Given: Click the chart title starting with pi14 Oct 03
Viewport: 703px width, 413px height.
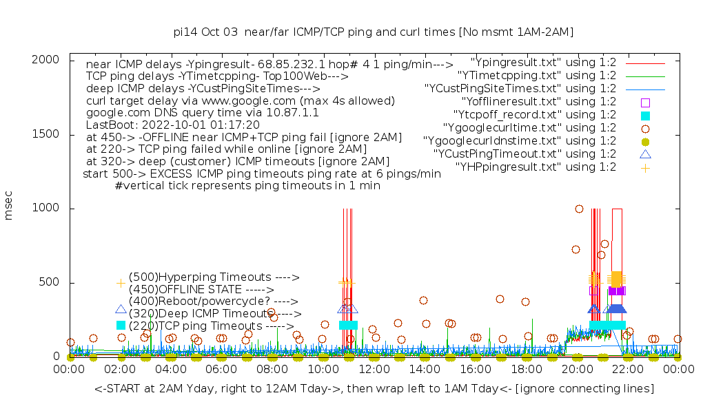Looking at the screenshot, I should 373,32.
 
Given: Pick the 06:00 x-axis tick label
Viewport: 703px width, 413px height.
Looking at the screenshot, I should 222,370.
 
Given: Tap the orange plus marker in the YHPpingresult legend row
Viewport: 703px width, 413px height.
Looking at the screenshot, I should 645,167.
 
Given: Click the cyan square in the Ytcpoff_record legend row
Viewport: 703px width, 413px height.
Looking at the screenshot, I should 645,115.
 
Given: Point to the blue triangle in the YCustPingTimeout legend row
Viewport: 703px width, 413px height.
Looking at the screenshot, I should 645,154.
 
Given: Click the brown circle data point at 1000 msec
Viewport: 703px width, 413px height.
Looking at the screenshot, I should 579,209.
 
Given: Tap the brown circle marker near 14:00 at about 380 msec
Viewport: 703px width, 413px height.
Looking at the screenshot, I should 423,300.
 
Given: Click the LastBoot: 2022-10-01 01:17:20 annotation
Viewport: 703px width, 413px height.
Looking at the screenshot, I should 172,125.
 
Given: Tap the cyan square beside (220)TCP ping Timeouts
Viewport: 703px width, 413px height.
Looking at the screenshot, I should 121,325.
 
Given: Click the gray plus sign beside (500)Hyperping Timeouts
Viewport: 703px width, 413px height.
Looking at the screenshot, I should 121,282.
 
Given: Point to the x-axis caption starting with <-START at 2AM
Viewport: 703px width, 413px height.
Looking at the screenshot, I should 374,389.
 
